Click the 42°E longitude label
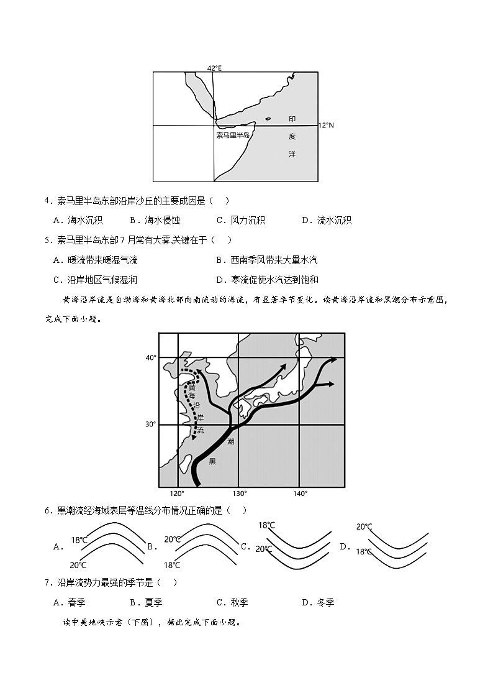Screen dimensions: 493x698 pos(214,68)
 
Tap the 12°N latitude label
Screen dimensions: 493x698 pos(326,126)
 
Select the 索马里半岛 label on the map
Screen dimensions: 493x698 pos(233,135)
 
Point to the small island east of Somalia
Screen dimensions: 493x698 pos(268,119)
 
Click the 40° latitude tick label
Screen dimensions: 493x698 pos(151,358)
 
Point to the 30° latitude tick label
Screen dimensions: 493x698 pos(151,425)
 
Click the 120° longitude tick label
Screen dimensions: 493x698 pos(178,494)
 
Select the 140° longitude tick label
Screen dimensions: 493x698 pos(300,494)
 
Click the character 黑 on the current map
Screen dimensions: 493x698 pos(212,461)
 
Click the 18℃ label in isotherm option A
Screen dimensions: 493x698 pos(79,540)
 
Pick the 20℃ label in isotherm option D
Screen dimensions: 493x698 pos(364,527)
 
